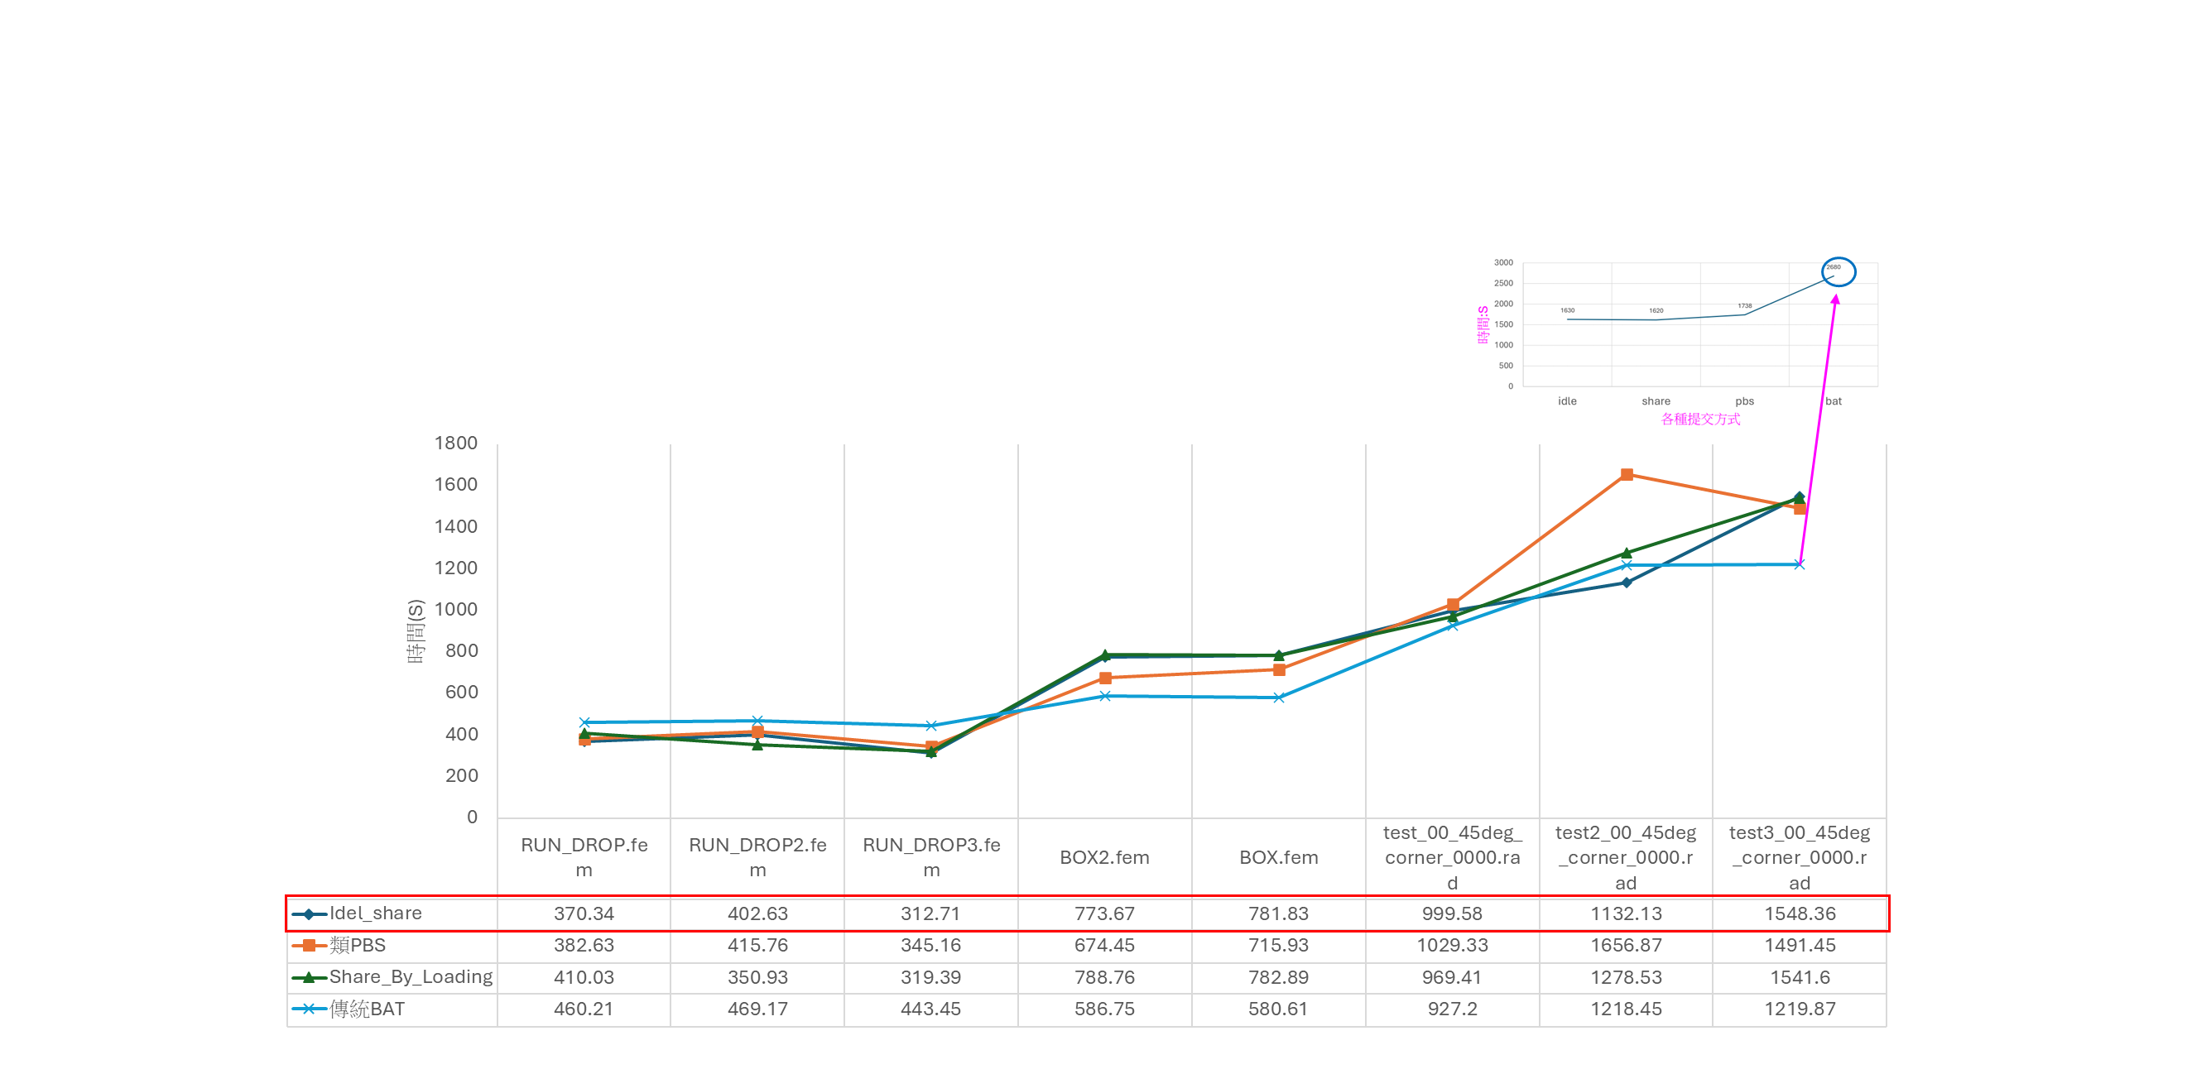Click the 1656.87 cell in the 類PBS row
1626,945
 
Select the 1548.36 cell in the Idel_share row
1799,913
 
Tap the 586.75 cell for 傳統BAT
1103,1009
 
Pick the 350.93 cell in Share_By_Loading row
757,977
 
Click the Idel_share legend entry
375,913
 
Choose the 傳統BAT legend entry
367,1009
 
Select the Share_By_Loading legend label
411,977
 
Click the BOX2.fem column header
1103,858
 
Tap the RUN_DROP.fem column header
584,857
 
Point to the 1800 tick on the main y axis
456,444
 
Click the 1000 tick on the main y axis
456,609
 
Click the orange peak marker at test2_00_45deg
1627,474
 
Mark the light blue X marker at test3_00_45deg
1799,564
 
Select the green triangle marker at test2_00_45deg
1627,554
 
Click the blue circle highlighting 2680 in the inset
1838,272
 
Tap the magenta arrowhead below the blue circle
1835,300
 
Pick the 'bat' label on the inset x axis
1834,400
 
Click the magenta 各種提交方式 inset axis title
1700,420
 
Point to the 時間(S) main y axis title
416,631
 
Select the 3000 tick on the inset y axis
1503,262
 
